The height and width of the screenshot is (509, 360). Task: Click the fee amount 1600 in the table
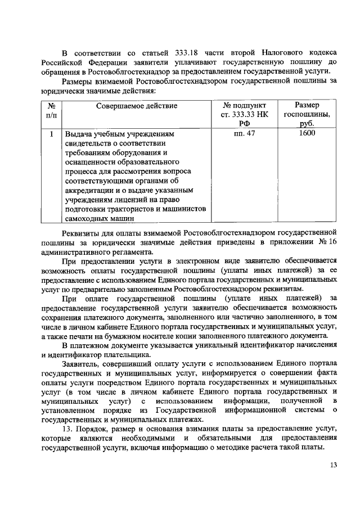pyautogui.click(x=307, y=134)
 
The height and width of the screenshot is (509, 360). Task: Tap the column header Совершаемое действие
pyautogui.click(x=136, y=105)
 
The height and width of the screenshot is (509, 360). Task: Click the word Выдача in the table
pyautogui.click(x=77, y=134)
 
